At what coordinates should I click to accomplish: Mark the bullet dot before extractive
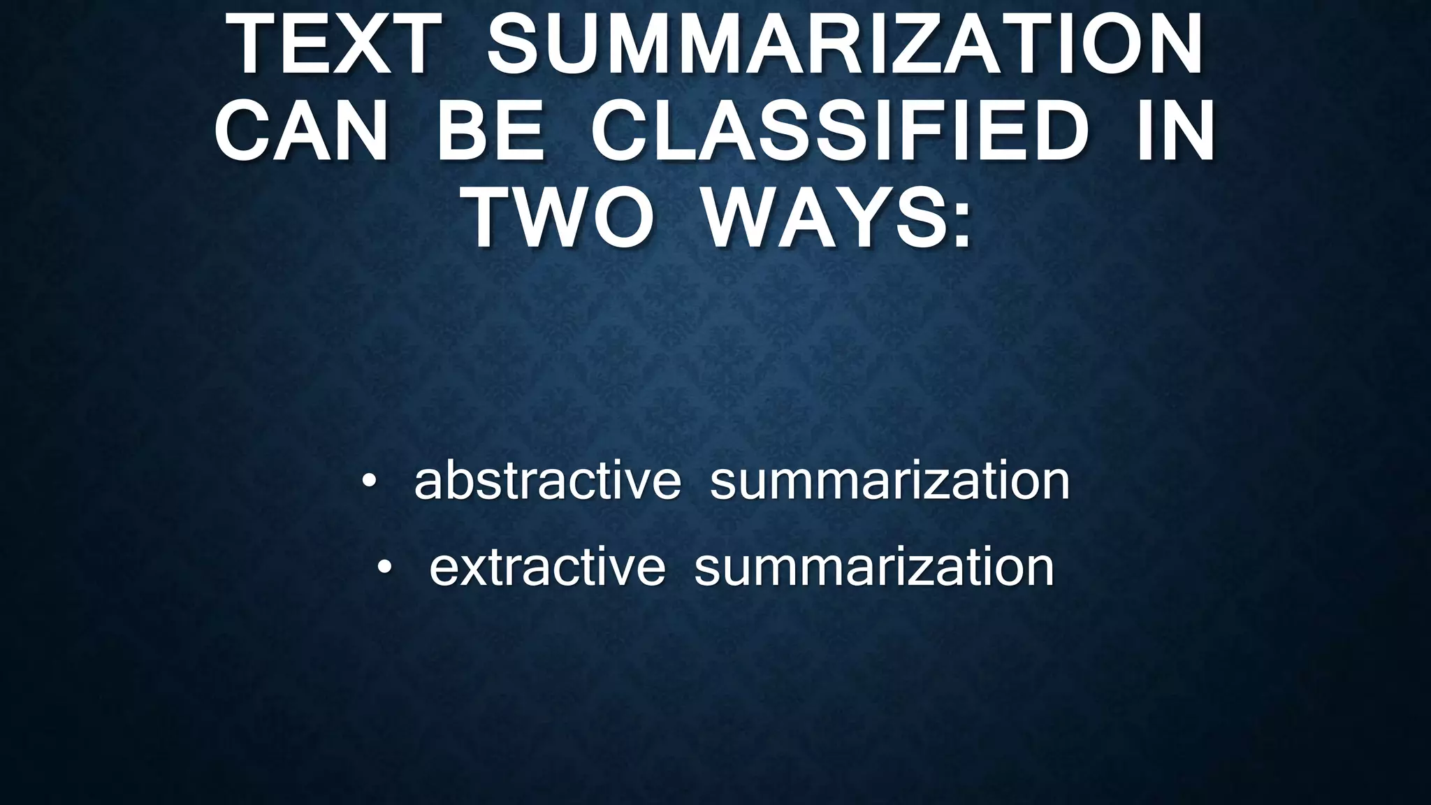click(x=385, y=567)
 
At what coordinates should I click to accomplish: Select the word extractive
click(x=547, y=567)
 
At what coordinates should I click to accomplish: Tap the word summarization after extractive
click(x=874, y=567)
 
